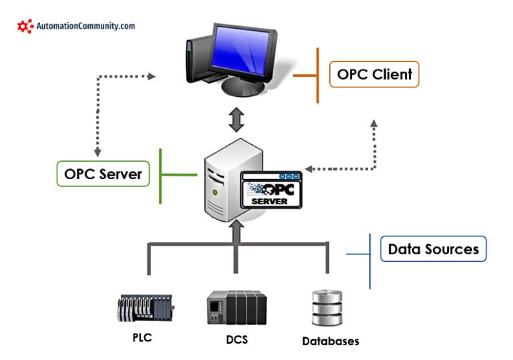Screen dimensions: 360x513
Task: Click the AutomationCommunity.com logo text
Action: pyautogui.click(x=85, y=26)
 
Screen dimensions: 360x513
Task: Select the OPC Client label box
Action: pyautogui.click(x=374, y=74)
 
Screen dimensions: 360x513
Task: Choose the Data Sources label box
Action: pyautogui.click(x=433, y=249)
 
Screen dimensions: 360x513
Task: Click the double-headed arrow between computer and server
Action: pyautogui.click(x=236, y=119)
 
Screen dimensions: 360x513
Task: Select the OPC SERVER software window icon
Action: pyautogui.click(x=271, y=190)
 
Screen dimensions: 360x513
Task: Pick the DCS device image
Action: pyautogui.click(x=236, y=308)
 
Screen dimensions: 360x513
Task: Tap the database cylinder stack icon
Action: pyautogui.click(x=327, y=309)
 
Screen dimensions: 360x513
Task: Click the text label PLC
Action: pyautogui.click(x=142, y=337)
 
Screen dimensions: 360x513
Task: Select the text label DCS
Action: pyautogui.click(x=236, y=339)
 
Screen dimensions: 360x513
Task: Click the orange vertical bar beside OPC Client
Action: pyautogui.click(x=317, y=75)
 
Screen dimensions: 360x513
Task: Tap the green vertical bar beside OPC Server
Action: pyautogui.click(x=161, y=175)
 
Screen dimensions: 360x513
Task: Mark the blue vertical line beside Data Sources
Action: pyautogui.click(x=369, y=260)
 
